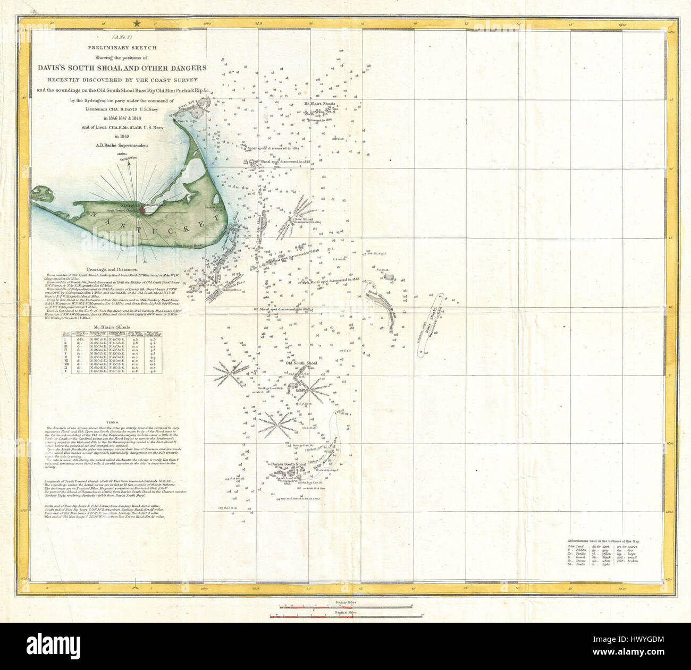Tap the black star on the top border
pyautogui.click(x=138, y=23)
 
